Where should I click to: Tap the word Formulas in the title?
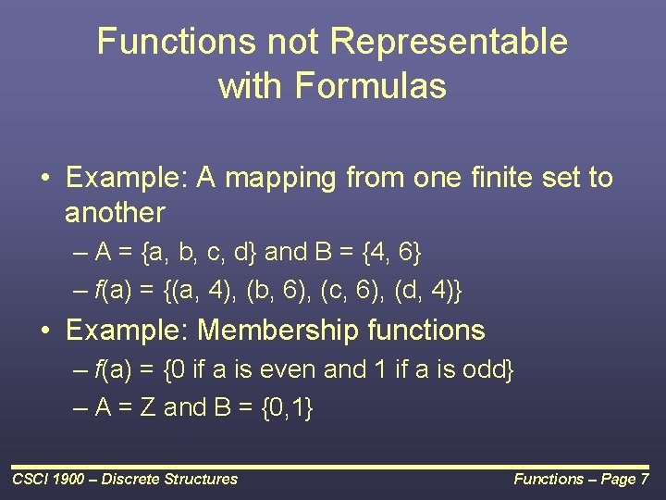point(371,86)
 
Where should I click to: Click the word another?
point(115,213)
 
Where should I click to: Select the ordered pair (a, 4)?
point(205,292)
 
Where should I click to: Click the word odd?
point(478,370)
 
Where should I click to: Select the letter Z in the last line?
point(146,408)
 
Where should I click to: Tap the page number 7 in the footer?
point(644,479)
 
